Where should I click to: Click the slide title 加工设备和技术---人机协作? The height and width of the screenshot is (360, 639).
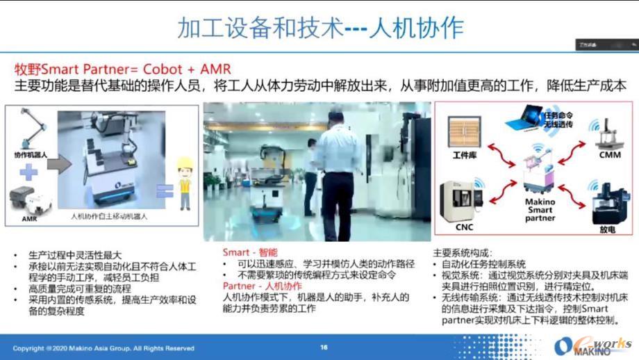click(320, 28)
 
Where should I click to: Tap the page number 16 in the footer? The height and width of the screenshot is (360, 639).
click(324, 347)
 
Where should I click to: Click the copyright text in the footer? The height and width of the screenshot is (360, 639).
click(104, 347)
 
